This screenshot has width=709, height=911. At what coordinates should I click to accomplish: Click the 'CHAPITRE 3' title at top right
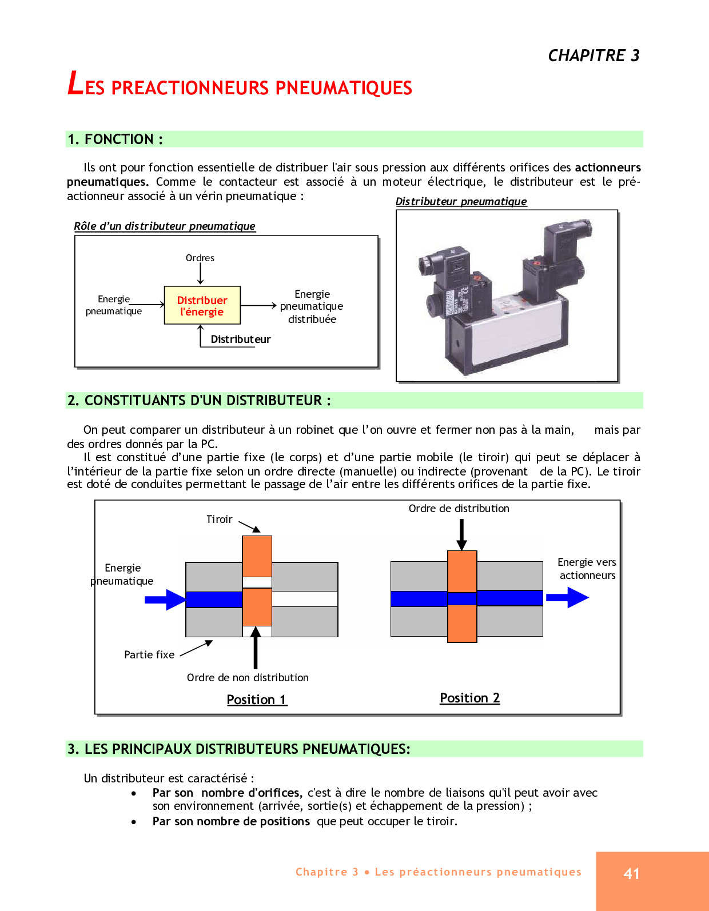coord(594,55)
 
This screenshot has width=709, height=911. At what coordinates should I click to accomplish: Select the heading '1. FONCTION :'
coord(115,139)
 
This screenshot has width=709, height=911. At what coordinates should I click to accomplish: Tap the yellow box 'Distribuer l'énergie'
coord(202,306)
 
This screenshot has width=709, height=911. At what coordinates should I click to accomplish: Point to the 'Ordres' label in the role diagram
coord(200,258)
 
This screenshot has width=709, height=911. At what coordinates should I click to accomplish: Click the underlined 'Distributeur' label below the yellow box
coord(240,339)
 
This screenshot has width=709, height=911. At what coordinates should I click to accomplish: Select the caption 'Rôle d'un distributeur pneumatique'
coord(165,226)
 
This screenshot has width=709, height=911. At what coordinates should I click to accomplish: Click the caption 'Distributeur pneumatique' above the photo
coord(461,202)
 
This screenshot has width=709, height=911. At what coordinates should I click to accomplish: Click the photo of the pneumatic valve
coord(507,295)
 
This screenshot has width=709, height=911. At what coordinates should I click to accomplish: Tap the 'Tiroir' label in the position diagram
coord(219,520)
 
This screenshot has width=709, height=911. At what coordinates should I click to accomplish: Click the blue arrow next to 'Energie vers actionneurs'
coord(567,598)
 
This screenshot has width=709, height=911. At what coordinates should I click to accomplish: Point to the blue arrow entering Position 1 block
coord(165,600)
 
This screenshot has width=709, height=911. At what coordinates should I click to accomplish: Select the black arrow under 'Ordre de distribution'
coord(461,534)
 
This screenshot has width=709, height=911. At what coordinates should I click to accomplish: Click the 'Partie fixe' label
coord(149,655)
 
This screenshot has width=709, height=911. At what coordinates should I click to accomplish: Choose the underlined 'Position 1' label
coord(257,700)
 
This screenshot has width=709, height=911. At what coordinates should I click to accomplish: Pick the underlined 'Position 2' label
coord(469,698)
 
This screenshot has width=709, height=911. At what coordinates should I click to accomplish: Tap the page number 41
coord(632,873)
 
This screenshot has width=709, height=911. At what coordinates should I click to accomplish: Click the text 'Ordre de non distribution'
coord(248,678)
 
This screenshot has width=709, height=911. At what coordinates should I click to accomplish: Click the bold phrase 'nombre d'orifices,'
coord(252,793)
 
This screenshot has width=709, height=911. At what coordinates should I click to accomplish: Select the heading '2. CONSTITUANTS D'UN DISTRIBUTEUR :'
coord(199,401)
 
